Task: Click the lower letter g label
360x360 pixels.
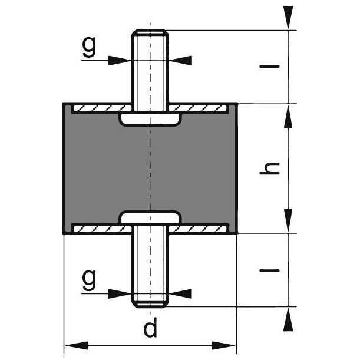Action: point(89,279)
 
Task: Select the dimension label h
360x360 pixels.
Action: point(269,169)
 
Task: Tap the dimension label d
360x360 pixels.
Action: point(151,329)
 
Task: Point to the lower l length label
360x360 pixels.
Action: point(269,270)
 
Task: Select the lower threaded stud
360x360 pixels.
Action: point(150,271)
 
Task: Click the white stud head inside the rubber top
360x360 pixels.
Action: point(150,120)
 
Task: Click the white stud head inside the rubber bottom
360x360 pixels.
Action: point(150,217)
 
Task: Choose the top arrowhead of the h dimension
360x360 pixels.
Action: point(288,115)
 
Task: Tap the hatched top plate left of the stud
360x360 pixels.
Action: point(97,109)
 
